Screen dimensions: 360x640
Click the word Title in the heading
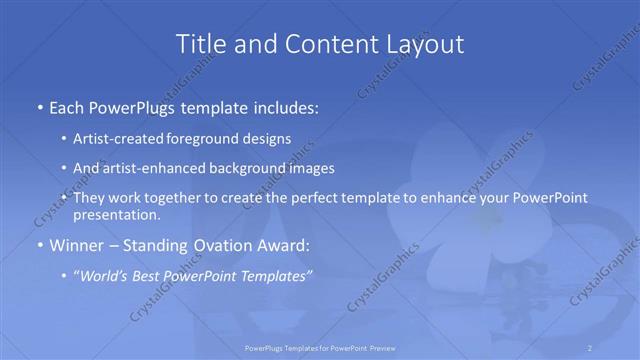pyautogui.click(x=200, y=44)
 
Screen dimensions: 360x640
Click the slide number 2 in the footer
pyautogui.click(x=591, y=347)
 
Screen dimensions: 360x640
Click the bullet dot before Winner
pyautogui.click(x=39, y=246)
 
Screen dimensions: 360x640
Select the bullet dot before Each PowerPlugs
pyautogui.click(x=39, y=105)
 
